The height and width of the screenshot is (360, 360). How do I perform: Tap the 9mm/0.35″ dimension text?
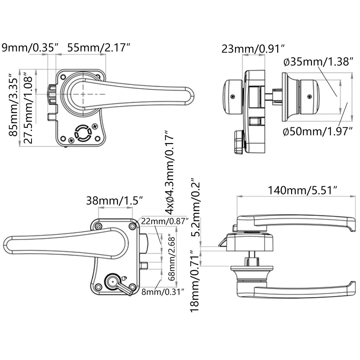pos(31,47)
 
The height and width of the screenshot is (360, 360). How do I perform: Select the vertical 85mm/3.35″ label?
pos(14,107)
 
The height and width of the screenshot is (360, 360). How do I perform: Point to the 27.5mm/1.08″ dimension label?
pos(28,107)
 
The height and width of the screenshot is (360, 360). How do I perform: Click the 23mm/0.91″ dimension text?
pos(254,49)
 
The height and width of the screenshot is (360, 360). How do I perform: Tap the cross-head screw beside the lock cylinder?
pos(95,127)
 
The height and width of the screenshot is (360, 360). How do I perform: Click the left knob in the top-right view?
pos(232,95)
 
